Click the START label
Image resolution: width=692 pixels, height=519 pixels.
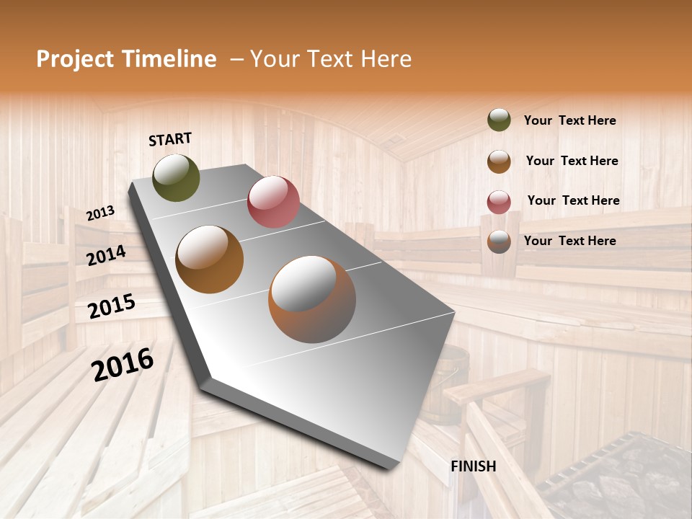pyautogui.click(x=170, y=138)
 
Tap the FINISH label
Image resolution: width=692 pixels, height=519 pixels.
pyautogui.click(x=473, y=466)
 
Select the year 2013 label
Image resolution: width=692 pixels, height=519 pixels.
pyautogui.click(x=100, y=213)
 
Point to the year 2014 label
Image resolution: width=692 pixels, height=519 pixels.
pyautogui.click(x=106, y=255)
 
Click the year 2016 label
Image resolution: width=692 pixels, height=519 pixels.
pyautogui.click(x=123, y=365)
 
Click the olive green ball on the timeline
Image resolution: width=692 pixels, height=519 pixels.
pyautogui.click(x=176, y=177)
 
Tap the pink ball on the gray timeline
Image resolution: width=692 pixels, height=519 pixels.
pyautogui.click(x=273, y=202)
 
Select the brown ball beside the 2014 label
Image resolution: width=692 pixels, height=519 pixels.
pyautogui.click(x=209, y=259)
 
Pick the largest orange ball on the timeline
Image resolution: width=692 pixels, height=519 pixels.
pyautogui.click(x=312, y=299)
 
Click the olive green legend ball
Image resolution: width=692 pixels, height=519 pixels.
pyautogui.click(x=499, y=120)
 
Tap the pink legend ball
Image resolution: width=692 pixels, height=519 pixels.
pyautogui.click(x=499, y=202)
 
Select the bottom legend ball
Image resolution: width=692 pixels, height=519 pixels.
pyautogui.click(x=499, y=241)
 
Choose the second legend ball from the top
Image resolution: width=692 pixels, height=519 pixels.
pyautogui.click(x=499, y=161)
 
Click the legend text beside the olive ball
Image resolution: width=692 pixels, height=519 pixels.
pyautogui.click(x=569, y=120)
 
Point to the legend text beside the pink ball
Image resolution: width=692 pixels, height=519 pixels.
pyautogui.click(x=573, y=200)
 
